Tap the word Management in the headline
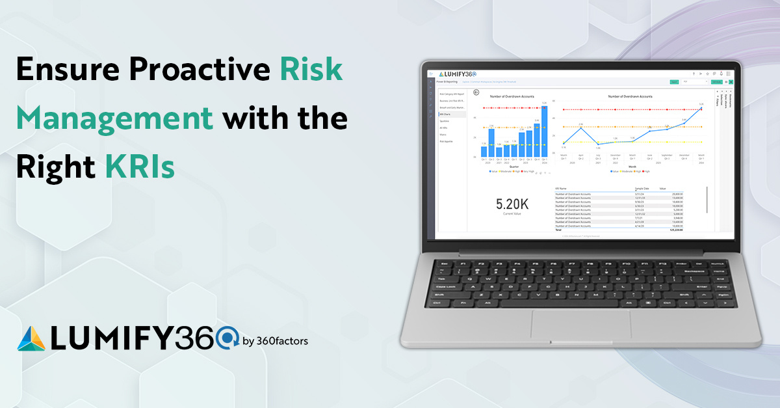115,120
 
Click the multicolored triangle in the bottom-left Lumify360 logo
30,338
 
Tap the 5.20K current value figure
512,204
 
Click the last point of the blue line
701,108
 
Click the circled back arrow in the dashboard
476,92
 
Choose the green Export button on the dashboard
674,82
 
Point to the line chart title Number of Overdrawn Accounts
630,96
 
